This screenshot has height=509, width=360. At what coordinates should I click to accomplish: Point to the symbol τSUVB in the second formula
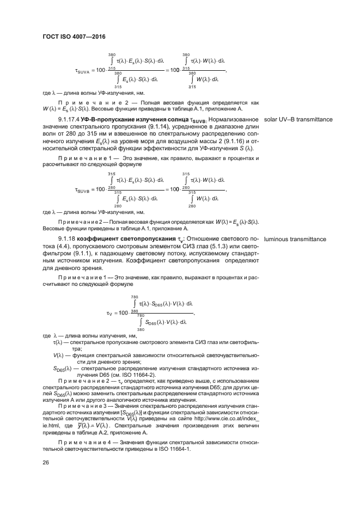[82, 189]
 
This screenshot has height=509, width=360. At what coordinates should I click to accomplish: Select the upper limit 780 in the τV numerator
[134, 297]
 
